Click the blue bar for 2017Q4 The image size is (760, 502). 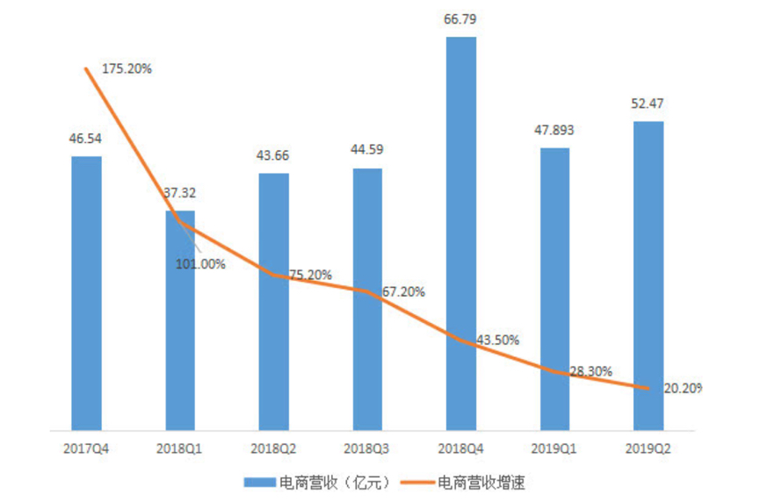click(x=86, y=293)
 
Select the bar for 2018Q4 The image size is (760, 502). click(x=461, y=233)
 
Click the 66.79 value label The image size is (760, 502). click(x=461, y=18)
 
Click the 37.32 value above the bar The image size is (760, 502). click(x=179, y=192)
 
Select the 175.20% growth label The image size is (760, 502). click(x=128, y=68)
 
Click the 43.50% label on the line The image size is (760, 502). click(x=497, y=340)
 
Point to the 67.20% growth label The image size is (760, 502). click(x=403, y=291)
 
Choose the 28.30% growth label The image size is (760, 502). click(x=590, y=371)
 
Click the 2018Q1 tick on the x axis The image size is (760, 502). click(x=180, y=448)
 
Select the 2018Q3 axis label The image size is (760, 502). click(x=367, y=448)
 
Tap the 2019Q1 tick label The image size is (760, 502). click(x=554, y=448)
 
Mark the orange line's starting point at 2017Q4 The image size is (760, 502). click(x=86, y=68)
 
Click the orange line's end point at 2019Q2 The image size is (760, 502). click(x=648, y=388)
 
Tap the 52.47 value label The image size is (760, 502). click(x=648, y=103)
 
